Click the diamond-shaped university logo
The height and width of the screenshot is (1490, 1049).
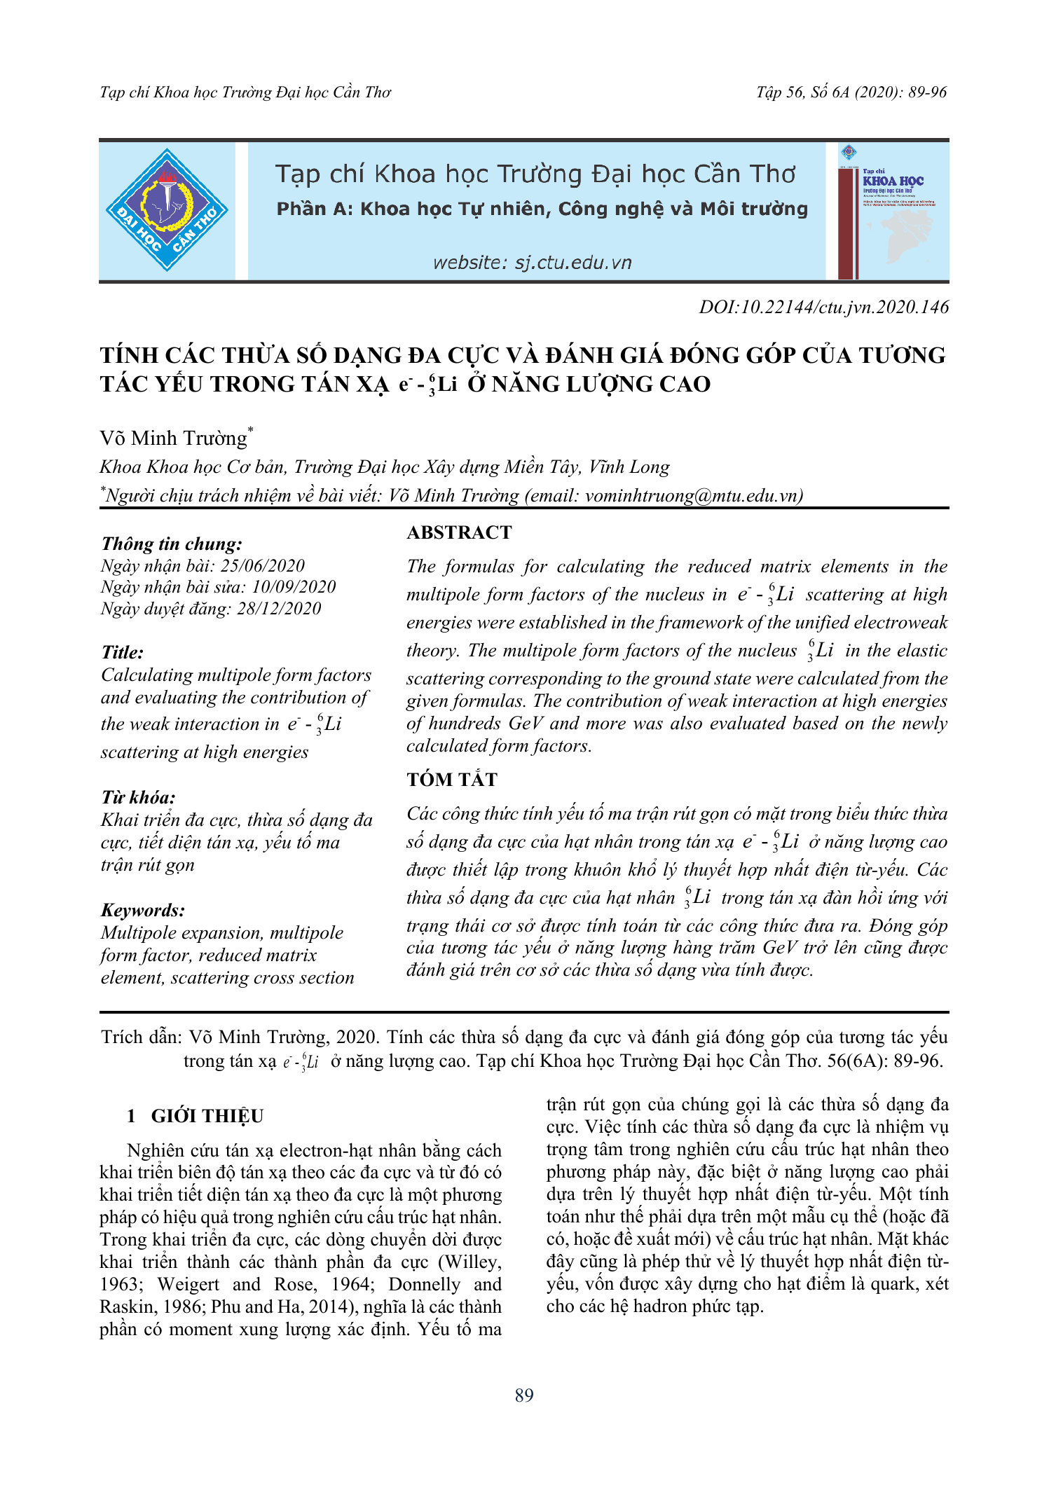tap(167, 210)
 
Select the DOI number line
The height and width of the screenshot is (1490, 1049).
tap(823, 307)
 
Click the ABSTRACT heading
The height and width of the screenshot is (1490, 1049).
tap(459, 532)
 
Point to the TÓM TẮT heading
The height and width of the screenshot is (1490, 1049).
tap(452, 780)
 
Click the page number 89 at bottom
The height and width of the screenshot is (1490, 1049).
tap(524, 1395)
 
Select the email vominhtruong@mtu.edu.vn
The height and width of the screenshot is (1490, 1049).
tap(692, 495)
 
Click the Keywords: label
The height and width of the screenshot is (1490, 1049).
tap(143, 910)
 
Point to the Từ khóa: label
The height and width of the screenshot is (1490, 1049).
tap(138, 797)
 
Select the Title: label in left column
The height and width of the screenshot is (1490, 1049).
tap(123, 652)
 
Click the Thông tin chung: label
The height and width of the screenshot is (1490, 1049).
tap(172, 544)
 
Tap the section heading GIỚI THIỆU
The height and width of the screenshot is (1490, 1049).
tap(207, 1116)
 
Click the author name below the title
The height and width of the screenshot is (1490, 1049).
tap(174, 439)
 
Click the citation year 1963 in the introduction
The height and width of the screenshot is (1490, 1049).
tap(120, 1284)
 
